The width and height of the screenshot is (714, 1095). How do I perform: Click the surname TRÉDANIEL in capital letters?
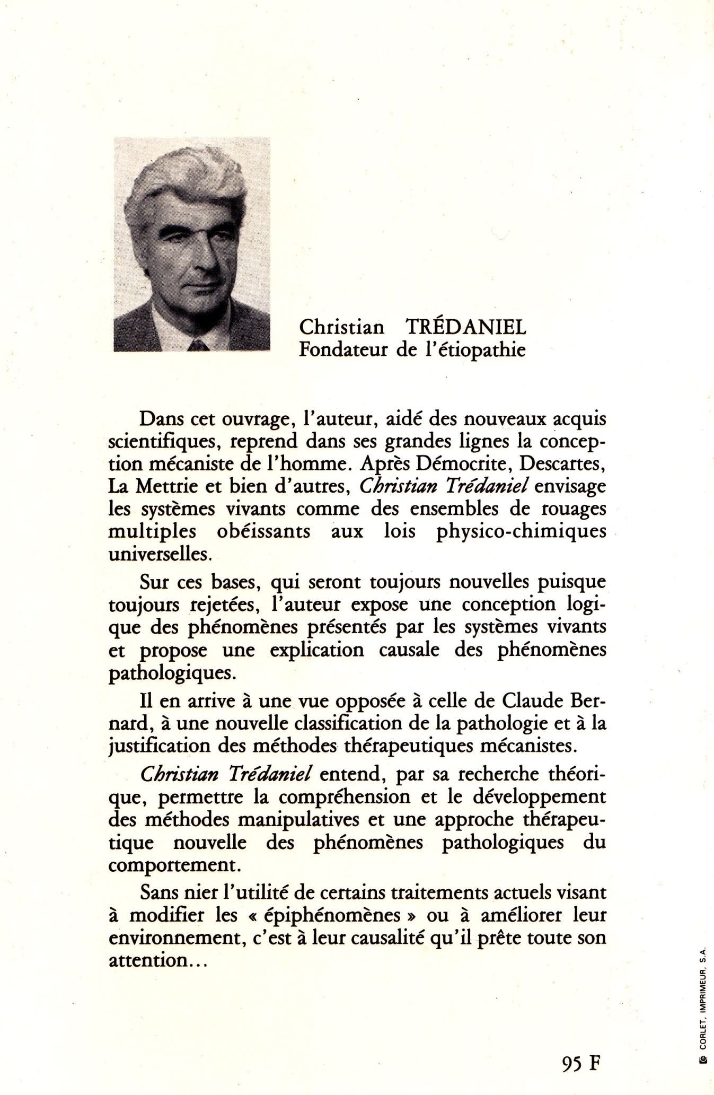(x=466, y=327)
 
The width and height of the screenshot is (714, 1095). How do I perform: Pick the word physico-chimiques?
(x=521, y=532)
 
